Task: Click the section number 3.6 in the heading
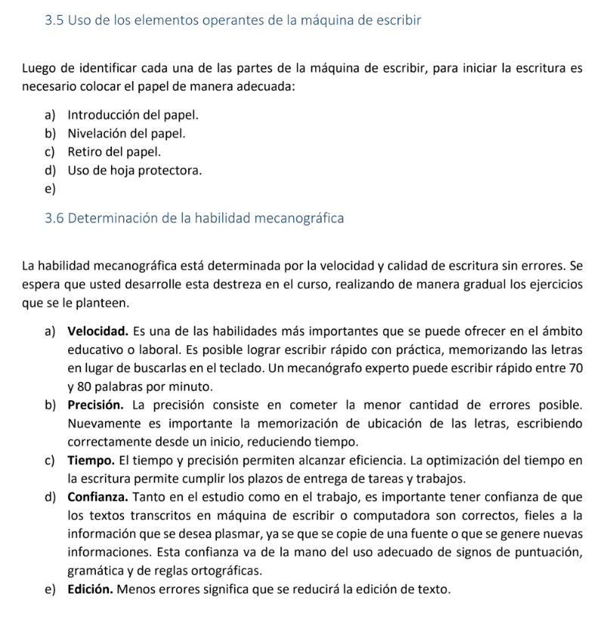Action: click(x=54, y=219)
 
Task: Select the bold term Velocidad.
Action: click(x=98, y=331)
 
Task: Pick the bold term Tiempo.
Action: click(x=91, y=460)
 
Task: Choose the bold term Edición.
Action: click(x=90, y=589)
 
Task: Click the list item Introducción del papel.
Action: click(x=133, y=116)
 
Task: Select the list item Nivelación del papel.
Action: click(x=126, y=134)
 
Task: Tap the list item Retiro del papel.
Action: click(x=114, y=152)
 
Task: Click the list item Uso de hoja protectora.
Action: click(x=135, y=171)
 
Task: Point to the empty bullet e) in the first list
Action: click(x=50, y=189)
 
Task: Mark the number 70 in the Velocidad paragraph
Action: click(x=574, y=368)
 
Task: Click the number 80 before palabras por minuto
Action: click(x=86, y=386)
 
